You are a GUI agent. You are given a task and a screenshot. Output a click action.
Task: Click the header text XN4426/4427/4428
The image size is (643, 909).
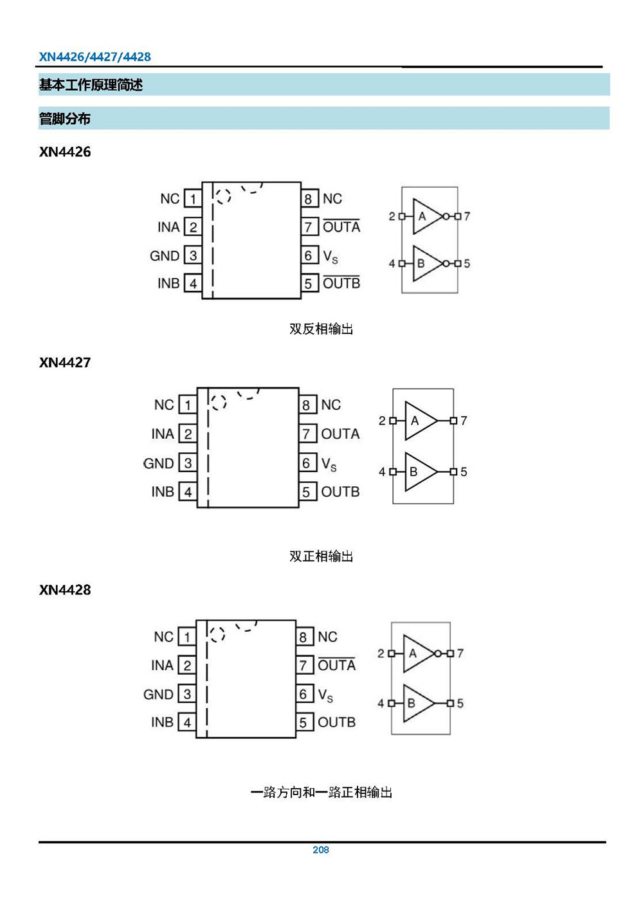tap(95, 57)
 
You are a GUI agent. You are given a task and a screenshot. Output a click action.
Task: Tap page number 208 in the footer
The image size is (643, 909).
tap(320, 850)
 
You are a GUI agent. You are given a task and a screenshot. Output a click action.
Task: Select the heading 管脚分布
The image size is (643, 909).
tap(64, 118)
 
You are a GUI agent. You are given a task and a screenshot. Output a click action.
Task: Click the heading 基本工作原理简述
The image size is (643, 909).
tap(91, 85)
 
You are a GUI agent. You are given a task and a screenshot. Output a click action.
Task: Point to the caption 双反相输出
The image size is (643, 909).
tap(321, 329)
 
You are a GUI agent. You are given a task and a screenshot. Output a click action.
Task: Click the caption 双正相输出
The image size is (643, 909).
tap(321, 556)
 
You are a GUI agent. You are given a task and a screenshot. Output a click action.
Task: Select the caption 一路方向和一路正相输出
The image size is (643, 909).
tap(321, 792)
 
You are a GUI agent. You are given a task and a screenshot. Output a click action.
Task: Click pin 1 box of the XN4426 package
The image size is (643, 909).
tap(193, 199)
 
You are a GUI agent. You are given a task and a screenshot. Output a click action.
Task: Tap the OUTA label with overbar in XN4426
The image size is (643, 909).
tap(341, 226)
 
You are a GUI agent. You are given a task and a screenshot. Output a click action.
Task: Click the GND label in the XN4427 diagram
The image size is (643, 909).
tap(158, 463)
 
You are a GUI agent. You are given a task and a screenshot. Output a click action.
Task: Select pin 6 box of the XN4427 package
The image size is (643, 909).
tap(307, 463)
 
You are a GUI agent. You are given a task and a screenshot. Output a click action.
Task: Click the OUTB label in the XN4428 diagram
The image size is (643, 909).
tap(336, 722)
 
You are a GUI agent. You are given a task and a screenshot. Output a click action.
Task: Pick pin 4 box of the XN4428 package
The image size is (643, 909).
tap(187, 722)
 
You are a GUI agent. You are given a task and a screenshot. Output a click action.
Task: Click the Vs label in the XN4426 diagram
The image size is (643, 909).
tap(330, 257)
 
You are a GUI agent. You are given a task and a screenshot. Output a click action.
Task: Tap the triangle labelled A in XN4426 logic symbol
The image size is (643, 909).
tap(425, 216)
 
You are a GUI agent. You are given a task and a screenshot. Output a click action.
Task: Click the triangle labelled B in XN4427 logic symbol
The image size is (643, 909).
tap(417, 472)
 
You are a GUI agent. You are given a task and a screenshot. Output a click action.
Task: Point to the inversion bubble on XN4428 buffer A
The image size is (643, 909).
tap(438, 654)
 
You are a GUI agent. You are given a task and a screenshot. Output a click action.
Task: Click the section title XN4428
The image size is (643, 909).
tap(65, 590)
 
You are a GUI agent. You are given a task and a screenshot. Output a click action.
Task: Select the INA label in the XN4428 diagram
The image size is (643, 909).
tap(162, 665)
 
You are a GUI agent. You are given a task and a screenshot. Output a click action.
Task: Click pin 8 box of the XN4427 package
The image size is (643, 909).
tap(307, 405)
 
